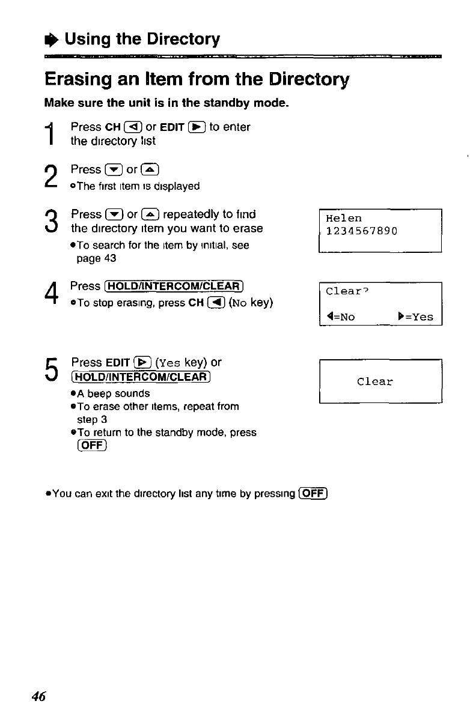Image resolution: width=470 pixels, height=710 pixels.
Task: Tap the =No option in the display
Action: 341,317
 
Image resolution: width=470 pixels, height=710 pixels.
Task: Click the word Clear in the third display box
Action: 374,381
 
